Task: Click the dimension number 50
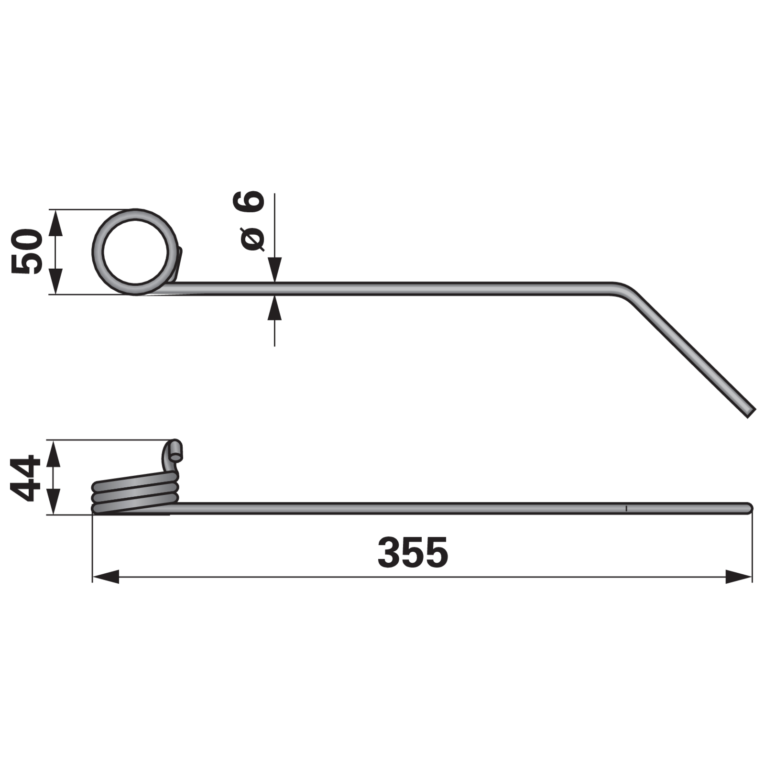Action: pos(27,251)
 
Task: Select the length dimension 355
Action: pos(413,552)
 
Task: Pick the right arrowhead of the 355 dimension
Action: pos(739,576)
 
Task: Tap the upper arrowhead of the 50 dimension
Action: pos(56,223)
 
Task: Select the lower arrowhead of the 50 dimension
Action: pos(56,281)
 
